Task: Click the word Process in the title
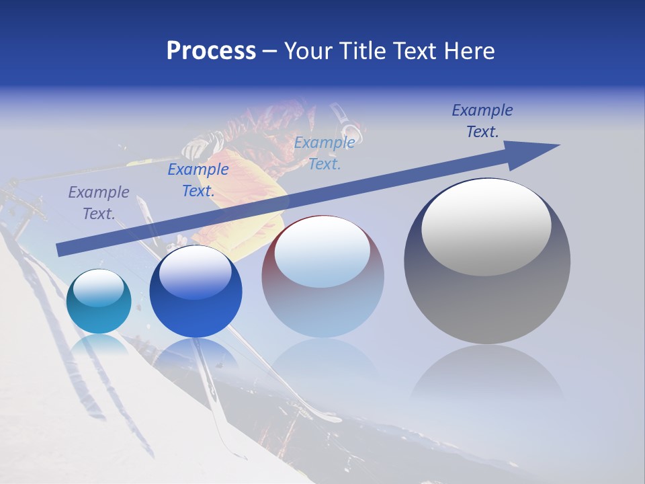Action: tap(211, 51)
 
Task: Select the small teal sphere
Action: tap(99, 302)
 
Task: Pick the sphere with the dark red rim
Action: tap(322, 277)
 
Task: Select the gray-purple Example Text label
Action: tap(99, 202)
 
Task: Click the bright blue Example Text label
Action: tap(198, 179)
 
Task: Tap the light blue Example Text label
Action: tap(325, 153)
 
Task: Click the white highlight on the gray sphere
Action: tap(486, 227)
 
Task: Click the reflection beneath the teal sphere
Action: tap(99, 346)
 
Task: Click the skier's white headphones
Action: tap(347, 126)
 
